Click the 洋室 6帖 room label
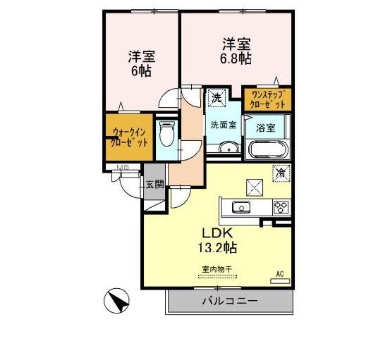142,63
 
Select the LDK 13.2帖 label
219,240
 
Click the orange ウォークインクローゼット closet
130,136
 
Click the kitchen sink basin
241,207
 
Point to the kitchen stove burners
281,207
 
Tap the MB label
122,168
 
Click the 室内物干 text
217,269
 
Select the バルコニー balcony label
230,302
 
